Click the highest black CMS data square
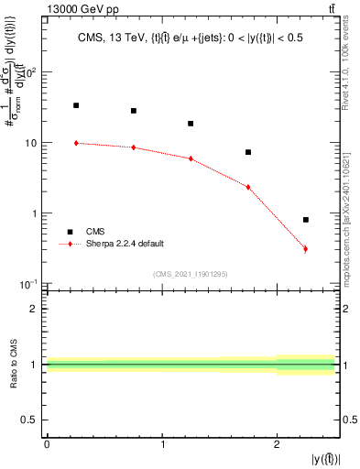(76, 105)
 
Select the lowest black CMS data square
(305, 220)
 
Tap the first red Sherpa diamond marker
(76, 143)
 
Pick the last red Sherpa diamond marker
(305, 249)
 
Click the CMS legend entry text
(95, 232)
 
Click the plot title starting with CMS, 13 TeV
(191, 38)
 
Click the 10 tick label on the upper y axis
(30, 143)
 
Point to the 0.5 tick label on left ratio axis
(28, 420)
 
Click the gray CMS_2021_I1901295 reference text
(191, 274)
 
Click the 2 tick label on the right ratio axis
(349, 309)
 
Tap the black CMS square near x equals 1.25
(191, 124)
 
